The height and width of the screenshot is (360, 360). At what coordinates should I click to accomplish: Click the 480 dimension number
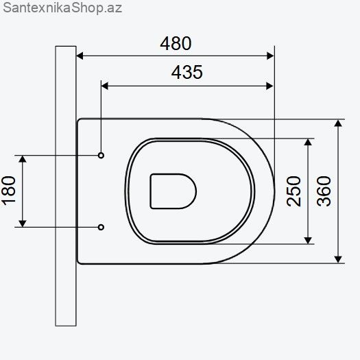(x=176, y=43)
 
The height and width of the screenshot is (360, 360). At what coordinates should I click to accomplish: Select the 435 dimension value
(x=187, y=72)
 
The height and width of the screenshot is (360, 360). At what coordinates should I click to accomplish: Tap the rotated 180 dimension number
(x=8, y=191)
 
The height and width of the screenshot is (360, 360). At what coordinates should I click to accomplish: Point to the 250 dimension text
(x=293, y=191)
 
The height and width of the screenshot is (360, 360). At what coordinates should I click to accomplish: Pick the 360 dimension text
(x=324, y=191)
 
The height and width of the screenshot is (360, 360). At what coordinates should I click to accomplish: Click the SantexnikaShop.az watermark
(x=62, y=8)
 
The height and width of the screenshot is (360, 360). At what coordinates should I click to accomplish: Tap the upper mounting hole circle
(x=101, y=156)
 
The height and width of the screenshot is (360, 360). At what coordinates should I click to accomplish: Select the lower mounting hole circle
(x=101, y=227)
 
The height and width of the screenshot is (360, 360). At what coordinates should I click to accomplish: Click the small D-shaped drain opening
(x=173, y=191)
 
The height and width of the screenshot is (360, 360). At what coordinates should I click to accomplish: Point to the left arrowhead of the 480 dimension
(x=80, y=56)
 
